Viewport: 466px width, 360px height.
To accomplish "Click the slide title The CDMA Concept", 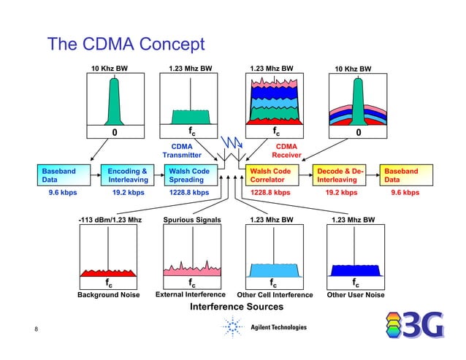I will [x=126, y=45].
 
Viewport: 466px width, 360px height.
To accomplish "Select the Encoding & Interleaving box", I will [x=126, y=175].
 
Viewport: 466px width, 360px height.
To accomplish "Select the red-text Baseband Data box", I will [x=405, y=175].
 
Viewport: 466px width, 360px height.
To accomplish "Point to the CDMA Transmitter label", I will [x=182, y=150].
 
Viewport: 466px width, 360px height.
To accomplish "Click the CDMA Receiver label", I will [x=286, y=150].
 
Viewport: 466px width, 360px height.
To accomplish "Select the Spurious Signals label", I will [x=191, y=219].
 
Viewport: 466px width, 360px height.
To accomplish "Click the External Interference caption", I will [x=191, y=296].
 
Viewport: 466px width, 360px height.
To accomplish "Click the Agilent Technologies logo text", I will [x=278, y=327].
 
